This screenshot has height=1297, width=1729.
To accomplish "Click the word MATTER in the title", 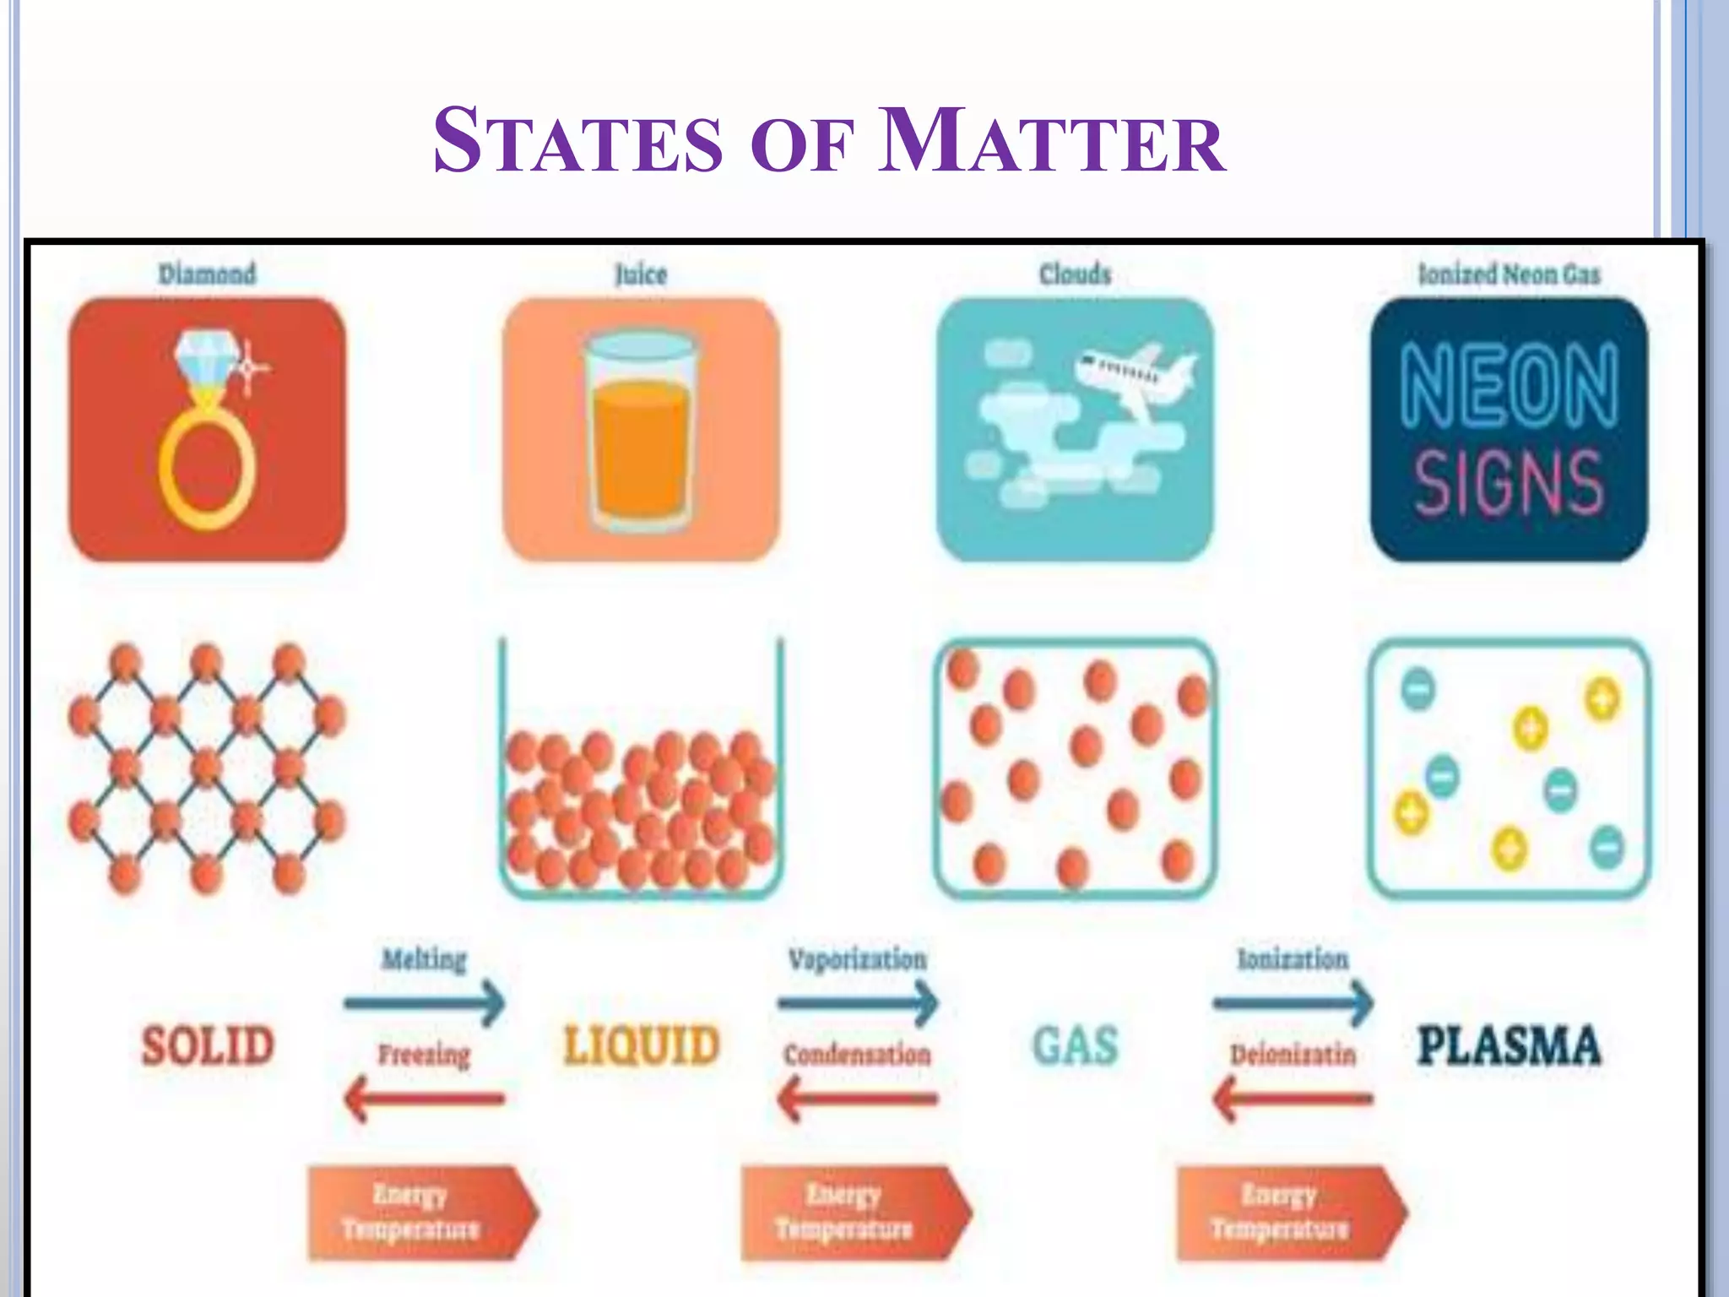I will click(x=1051, y=142).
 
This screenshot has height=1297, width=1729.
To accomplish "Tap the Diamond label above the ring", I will click(x=207, y=274).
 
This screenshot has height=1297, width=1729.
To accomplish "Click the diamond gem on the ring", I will click(x=206, y=358).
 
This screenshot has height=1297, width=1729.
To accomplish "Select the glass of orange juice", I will click(x=641, y=431).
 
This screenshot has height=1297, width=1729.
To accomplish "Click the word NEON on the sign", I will click(x=1509, y=387).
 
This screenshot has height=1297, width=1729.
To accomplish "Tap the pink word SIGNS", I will click(x=1509, y=482).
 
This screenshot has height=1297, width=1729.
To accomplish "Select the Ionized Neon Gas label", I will click(x=1509, y=274).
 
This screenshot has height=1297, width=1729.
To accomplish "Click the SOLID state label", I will click(x=208, y=1045).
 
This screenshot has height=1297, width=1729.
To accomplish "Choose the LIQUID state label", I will click(x=642, y=1045).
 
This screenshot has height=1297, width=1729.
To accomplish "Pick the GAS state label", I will click(x=1076, y=1045).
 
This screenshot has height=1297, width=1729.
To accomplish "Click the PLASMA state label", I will click(x=1509, y=1045).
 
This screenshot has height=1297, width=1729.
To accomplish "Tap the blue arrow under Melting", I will click(x=424, y=1003).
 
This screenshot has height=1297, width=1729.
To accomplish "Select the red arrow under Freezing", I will click(x=424, y=1099).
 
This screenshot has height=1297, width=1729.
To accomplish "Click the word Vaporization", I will click(x=857, y=959).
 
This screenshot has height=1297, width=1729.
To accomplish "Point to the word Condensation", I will click(x=857, y=1055).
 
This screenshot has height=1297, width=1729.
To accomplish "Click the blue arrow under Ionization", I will click(x=1293, y=1003).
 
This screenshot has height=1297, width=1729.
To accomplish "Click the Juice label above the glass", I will click(x=641, y=274).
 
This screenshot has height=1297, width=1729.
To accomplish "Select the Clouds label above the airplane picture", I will click(x=1075, y=274).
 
